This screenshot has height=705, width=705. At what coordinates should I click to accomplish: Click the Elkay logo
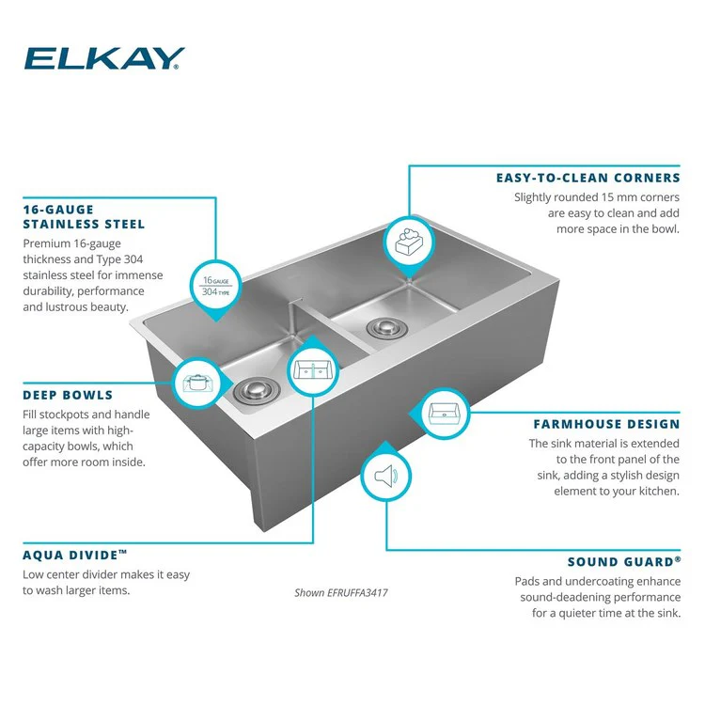point(104,58)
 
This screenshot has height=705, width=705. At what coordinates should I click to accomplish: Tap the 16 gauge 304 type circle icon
point(216,286)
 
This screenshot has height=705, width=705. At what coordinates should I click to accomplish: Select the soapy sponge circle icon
point(409,243)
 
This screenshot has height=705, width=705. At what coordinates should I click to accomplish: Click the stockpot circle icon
point(197,384)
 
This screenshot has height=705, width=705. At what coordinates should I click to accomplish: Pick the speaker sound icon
point(385,476)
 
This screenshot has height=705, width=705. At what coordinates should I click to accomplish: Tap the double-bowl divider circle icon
point(313,370)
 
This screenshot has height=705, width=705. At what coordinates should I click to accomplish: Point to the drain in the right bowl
point(387,328)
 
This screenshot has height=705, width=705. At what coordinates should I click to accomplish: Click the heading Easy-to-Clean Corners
point(588,178)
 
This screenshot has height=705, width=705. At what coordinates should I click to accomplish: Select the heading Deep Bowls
point(68,395)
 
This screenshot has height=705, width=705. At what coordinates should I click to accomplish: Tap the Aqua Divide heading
point(75,555)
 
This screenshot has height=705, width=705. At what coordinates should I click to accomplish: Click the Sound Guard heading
point(624,562)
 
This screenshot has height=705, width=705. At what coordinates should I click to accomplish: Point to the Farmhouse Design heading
point(607,424)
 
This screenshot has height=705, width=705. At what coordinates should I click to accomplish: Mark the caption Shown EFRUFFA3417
point(341,593)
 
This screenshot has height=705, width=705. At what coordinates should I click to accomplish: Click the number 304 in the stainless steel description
point(133,259)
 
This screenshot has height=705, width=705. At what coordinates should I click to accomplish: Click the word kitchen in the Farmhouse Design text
point(659,491)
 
